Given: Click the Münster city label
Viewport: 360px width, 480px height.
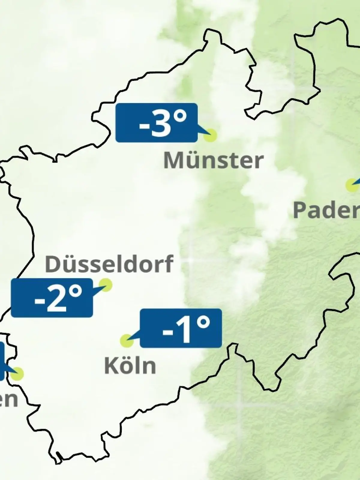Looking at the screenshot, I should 213,160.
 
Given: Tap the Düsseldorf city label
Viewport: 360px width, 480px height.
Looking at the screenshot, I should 109,264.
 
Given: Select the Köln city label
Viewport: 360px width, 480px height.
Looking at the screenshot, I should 130,366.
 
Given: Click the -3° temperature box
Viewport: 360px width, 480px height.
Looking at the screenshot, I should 156,122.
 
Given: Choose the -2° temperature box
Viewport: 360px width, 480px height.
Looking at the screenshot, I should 52,298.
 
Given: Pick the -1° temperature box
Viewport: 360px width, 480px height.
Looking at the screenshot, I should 181,328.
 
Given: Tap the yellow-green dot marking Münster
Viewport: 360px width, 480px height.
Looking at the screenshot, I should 210,135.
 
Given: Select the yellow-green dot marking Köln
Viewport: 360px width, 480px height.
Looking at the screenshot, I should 127,341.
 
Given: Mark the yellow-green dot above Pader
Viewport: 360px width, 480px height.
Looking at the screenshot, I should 352,185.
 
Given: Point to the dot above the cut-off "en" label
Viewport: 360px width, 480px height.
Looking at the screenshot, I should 18,374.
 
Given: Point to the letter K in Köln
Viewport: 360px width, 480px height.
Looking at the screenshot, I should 110,366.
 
